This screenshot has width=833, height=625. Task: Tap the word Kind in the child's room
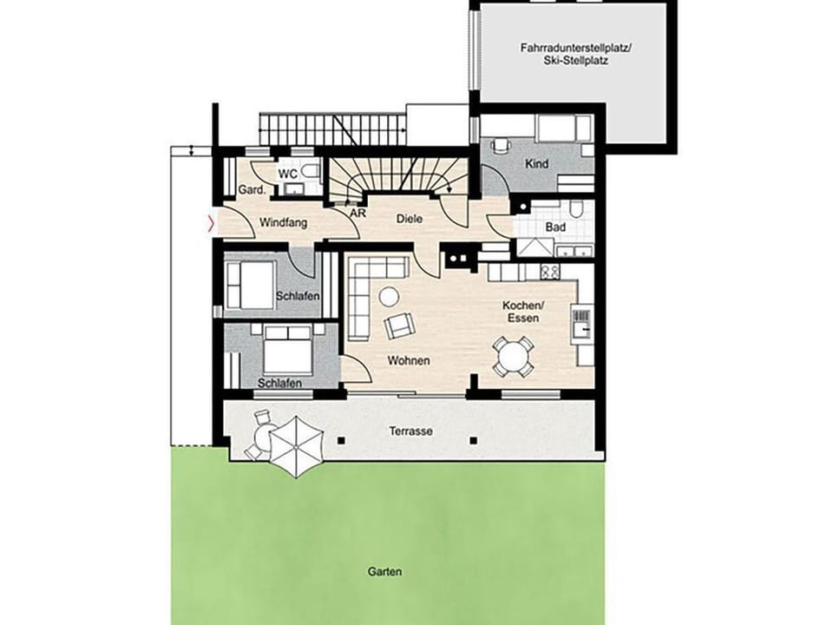tap(536, 164)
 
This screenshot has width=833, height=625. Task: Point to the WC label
tap(287, 174)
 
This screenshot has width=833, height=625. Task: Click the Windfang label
tap(283, 223)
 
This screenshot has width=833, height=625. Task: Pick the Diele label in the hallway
tap(410, 220)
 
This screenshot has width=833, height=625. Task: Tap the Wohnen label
tap(410, 360)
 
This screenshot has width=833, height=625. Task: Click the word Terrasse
tap(411, 431)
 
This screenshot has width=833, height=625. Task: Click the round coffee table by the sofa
tap(390, 296)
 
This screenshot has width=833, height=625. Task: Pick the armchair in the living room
tap(400, 326)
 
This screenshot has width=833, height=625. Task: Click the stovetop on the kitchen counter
tap(549, 272)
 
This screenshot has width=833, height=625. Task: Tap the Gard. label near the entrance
tap(249, 190)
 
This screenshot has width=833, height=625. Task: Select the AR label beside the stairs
tap(356, 212)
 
